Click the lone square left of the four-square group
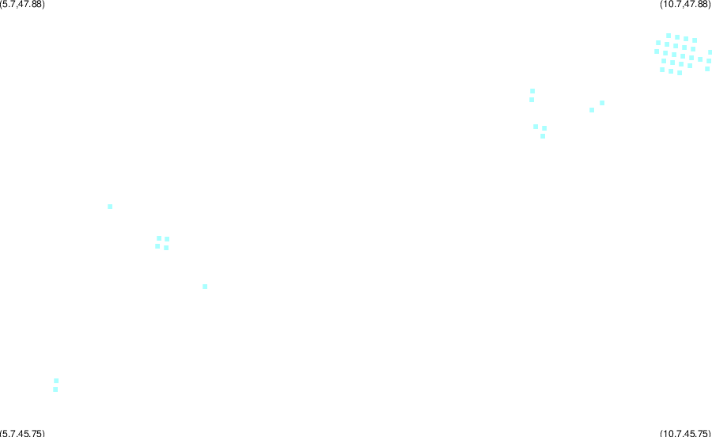[110, 207]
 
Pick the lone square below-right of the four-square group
[205, 287]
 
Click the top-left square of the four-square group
[159, 238]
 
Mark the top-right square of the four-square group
[167, 239]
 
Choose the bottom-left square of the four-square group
[157, 246]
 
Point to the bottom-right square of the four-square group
[166, 248]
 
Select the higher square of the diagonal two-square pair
[602, 103]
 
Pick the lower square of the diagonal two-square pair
[592, 110]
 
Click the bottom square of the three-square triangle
[543, 136]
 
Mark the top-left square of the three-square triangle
[536, 127]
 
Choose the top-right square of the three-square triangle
[544, 128]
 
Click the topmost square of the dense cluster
[668, 36]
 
